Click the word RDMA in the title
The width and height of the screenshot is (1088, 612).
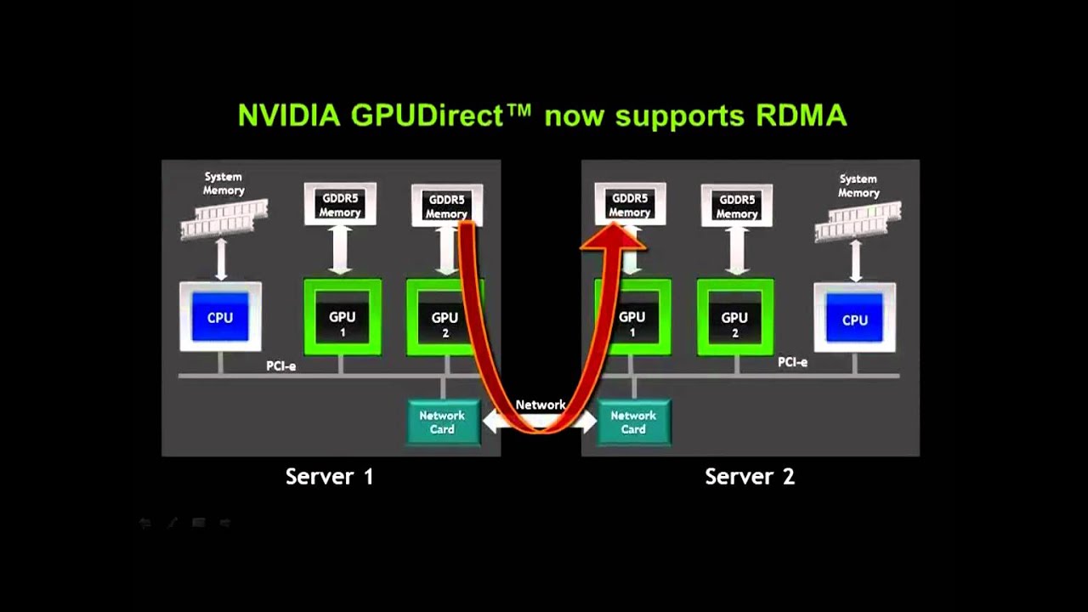click(x=801, y=116)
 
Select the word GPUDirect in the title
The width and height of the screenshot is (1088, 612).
click(x=440, y=116)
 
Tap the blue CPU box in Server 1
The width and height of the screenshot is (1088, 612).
click(x=220, y=317)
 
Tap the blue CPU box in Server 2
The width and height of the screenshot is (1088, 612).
click(x=854, y=320)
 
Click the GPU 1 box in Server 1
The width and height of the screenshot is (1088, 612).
click(x=343, y=318)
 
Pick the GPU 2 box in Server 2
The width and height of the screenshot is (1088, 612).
click(x=735, y=318)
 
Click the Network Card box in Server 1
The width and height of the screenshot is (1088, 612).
click(x=442, y=422)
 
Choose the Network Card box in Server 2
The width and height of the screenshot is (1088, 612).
click(x=633, y=422)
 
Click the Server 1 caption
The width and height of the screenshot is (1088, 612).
click(x=329, y=477)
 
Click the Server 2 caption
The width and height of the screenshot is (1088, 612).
click(x=750, y=477)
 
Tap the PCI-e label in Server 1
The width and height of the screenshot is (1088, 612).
click(x=281, y=366)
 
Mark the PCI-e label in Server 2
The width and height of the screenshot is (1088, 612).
click(x=792, y=362)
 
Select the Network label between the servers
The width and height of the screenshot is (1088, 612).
click(x=540, y=405)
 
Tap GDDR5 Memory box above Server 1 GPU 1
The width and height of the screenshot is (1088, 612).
click(x=340, y=206)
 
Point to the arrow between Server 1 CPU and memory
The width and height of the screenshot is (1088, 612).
click(x=222, y=259)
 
